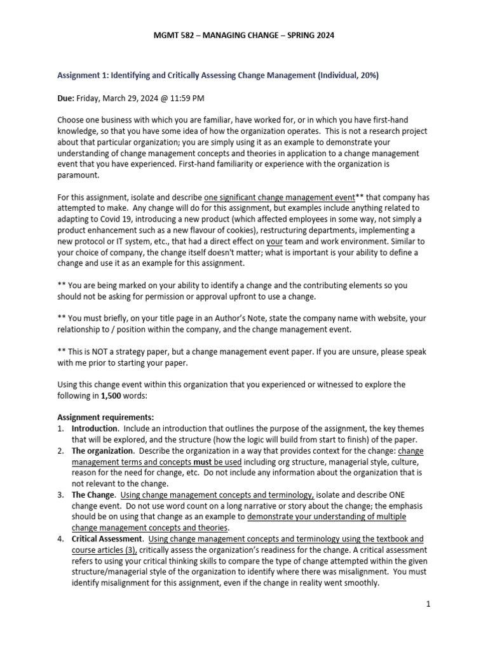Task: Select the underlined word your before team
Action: pyautogui.click(x=274, y=241)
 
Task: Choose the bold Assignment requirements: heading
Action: pyautogui.click(x=106, y=418)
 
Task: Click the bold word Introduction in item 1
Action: pyautogui.click(x=95, y=428)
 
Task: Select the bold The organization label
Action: pyautogui.click(x=102, y=451)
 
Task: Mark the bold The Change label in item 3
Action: pyautogui.click(x=93, y=494)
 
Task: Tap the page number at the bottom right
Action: pyautogui.click(x=429, y=604)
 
